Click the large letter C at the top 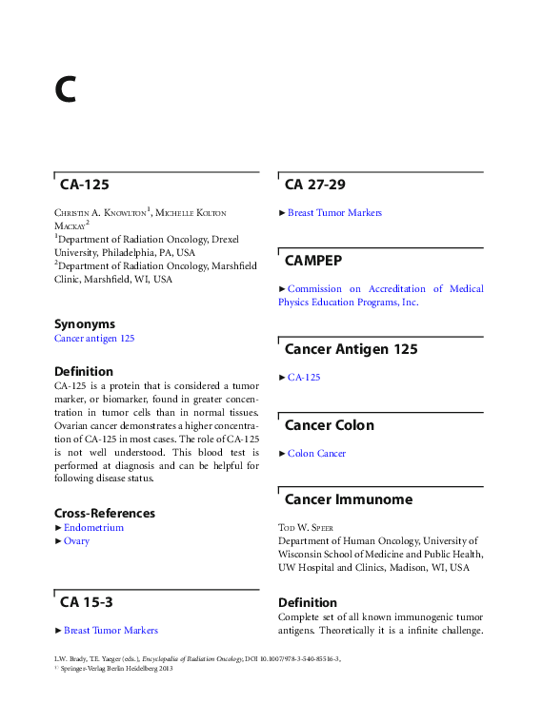[65, 88]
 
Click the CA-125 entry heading [85, 185]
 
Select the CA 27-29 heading [314, 185]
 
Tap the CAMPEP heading [313, 261]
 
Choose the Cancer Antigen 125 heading [351, 349]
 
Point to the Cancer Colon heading [329, 425]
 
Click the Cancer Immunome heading [348, 499]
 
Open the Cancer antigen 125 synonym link [94, 338]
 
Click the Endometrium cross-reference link [93, 527]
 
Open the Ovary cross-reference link [76, 540]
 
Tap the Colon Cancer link [316, 453]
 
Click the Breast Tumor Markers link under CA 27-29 [334, 212]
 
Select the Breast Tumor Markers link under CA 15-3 [111, 630]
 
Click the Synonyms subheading [85, 323]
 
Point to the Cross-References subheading [105, 513]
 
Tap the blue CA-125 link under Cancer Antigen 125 [304, 377]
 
